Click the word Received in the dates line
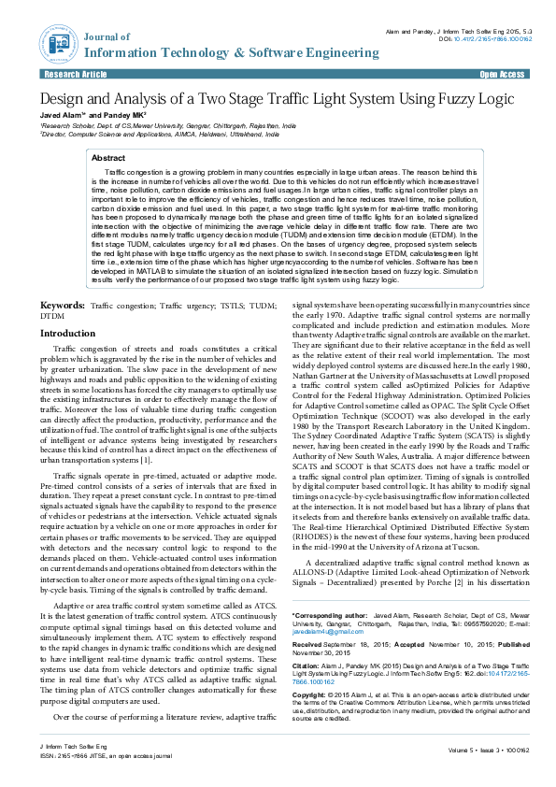coord(308,645)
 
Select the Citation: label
coord(307,665)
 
